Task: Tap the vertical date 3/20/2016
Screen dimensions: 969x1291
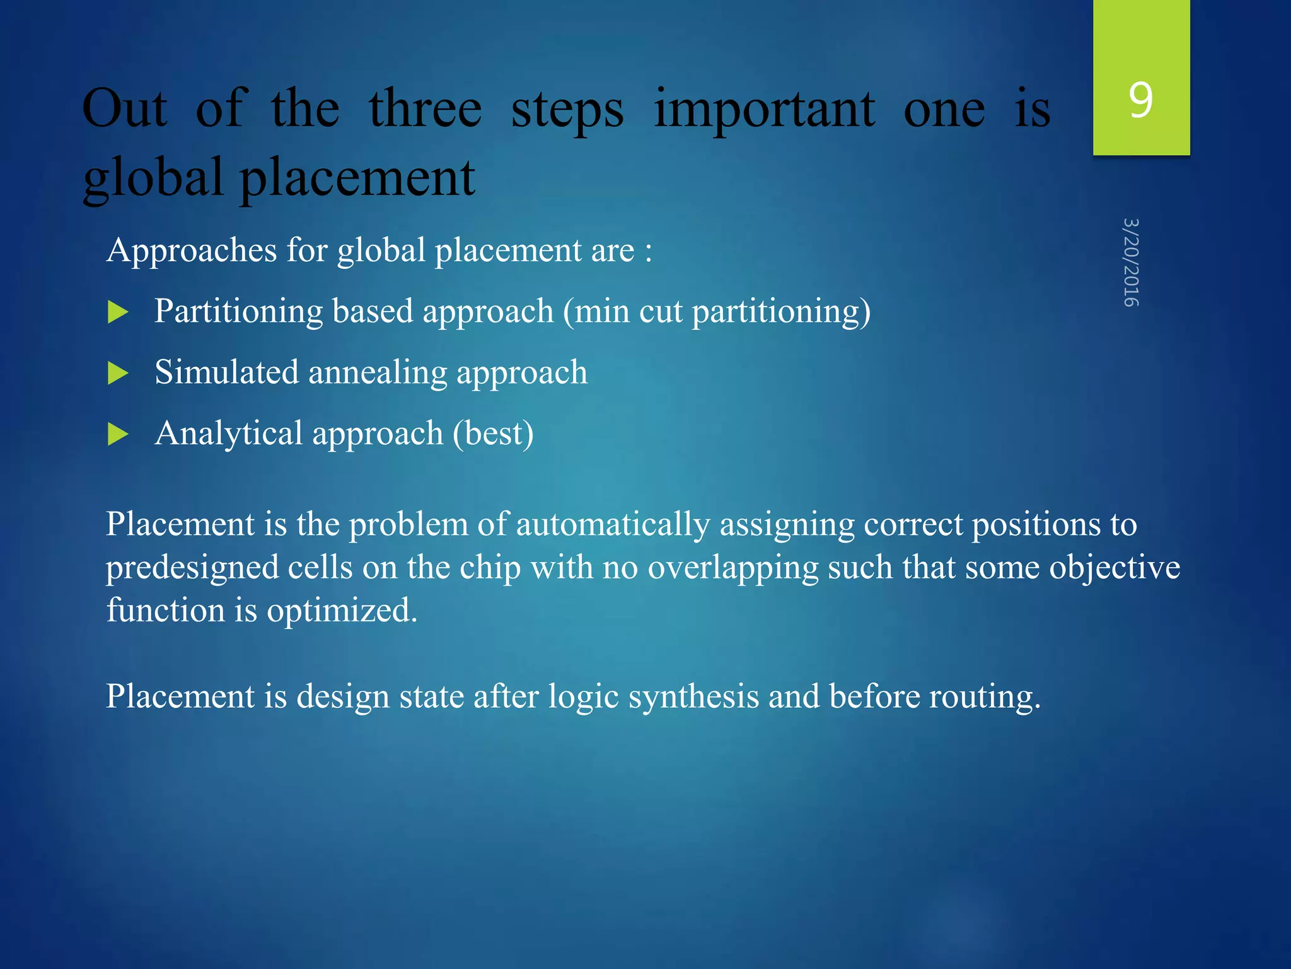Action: [1132, 262]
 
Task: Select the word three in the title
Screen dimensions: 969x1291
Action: [426, 109]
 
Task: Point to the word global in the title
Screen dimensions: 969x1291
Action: [153, 179]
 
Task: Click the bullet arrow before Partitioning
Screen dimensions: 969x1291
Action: [118, 312]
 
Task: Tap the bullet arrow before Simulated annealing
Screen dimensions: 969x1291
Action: [118, 373]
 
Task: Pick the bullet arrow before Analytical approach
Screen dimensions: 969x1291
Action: [118, 434]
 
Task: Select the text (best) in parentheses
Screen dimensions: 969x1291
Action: [493, 434]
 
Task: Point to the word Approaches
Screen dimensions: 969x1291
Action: [192, 251]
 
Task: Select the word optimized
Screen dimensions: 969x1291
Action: [342, 611]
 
